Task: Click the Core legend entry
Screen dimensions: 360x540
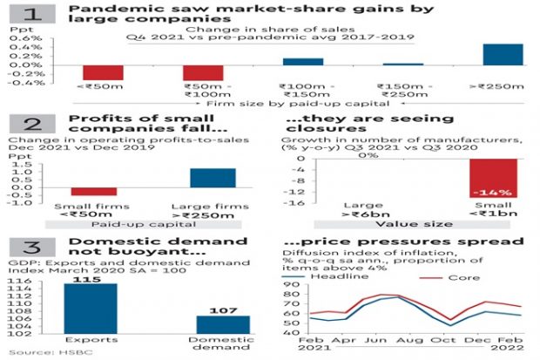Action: (465, 276)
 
